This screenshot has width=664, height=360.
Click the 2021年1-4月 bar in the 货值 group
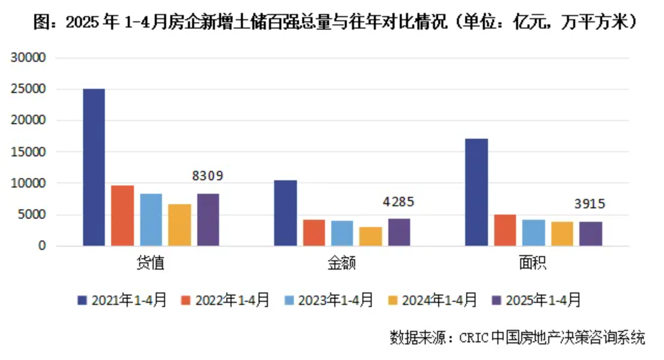pyautogui.click(x=94, y=167)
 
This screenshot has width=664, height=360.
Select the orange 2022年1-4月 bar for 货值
pyautogui.click(x=123, y=216)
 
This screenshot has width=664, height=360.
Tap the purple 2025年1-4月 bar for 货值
pyautogui.click(x=208, y=220)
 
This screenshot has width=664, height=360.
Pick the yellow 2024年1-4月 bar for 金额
pyautogui.click(x=371, y=236)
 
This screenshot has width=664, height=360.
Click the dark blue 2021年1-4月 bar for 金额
pyautogui.click(x=286, y=213)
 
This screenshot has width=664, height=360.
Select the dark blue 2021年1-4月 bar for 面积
pyautogui.click(x=477, y=192)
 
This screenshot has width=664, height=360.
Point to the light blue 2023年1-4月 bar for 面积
pyautogui.click(x=534, y=233)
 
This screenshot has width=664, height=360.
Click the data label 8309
pyautogui.click(x=208, y=176)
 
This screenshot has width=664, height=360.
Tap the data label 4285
pyautogui.click(x=399, y=202)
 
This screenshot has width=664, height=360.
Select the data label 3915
pyautogui.click(x=590, y=204)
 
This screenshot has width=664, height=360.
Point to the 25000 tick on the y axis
pyautogui.click(x=29, y=89)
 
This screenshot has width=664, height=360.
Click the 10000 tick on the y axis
pyautogui.click(x=29, y=183)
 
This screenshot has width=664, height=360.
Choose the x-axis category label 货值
pyautogui.click(x=151, y=263)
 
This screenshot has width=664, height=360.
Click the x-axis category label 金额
pyautogui.click(x=342, y=263)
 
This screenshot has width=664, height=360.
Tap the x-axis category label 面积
pyautogui.click(x=533, y=263)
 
